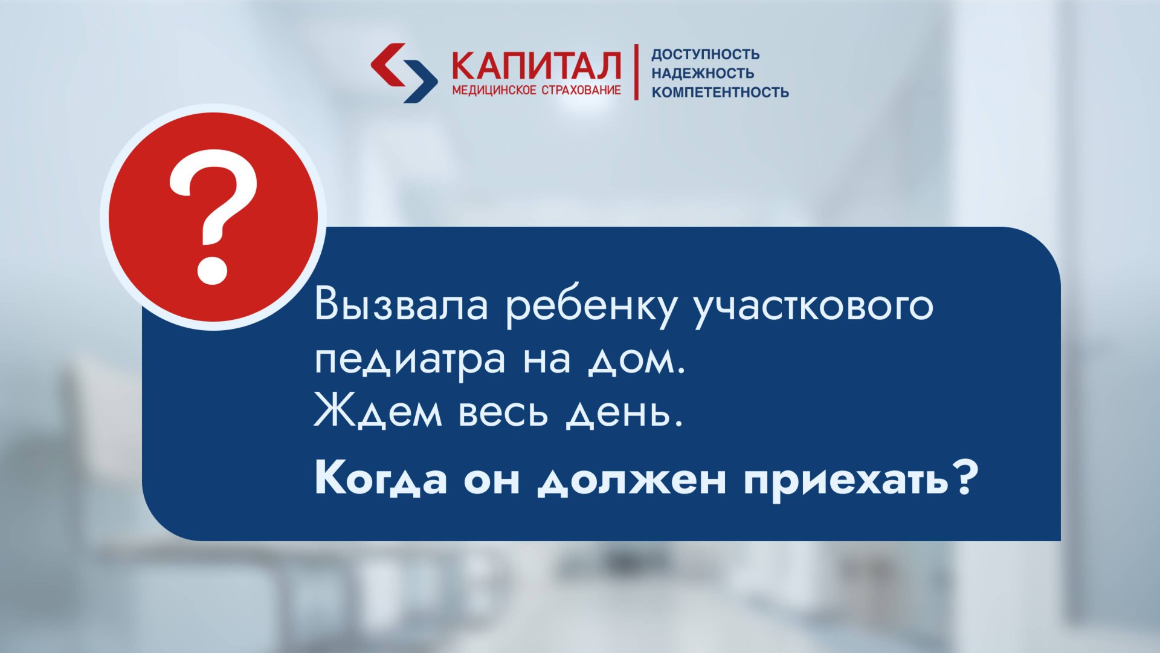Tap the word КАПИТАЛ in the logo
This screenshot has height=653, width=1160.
coord(536,66)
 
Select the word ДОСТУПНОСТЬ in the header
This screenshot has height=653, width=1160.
coord(705,54)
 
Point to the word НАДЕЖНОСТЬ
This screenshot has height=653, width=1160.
coord(703,73)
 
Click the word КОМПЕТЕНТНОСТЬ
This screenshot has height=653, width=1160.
coord(720,93)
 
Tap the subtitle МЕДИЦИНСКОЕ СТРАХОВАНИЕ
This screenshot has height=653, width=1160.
coord(536,91)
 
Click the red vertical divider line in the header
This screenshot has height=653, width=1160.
coord(636,72)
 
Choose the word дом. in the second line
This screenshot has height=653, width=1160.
coord(637,361)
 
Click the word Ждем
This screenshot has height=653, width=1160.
coord(378,414)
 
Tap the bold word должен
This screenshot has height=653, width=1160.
coord(632,480)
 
